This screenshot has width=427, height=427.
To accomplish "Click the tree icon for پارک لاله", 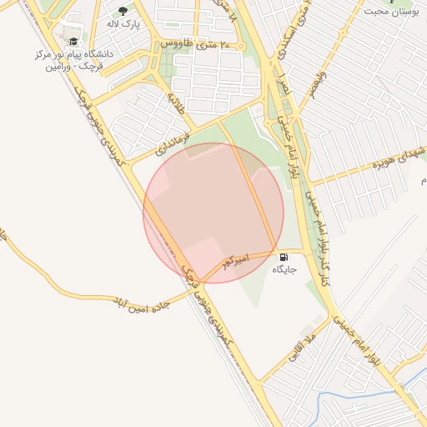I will coord(123,12).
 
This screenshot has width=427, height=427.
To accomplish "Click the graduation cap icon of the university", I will coord(74,41).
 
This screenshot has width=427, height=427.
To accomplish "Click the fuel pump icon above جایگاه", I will coord(284,257).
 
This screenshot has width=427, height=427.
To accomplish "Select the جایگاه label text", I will coord(284,270).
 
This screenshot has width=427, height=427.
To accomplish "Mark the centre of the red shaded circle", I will coord(213,213).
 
